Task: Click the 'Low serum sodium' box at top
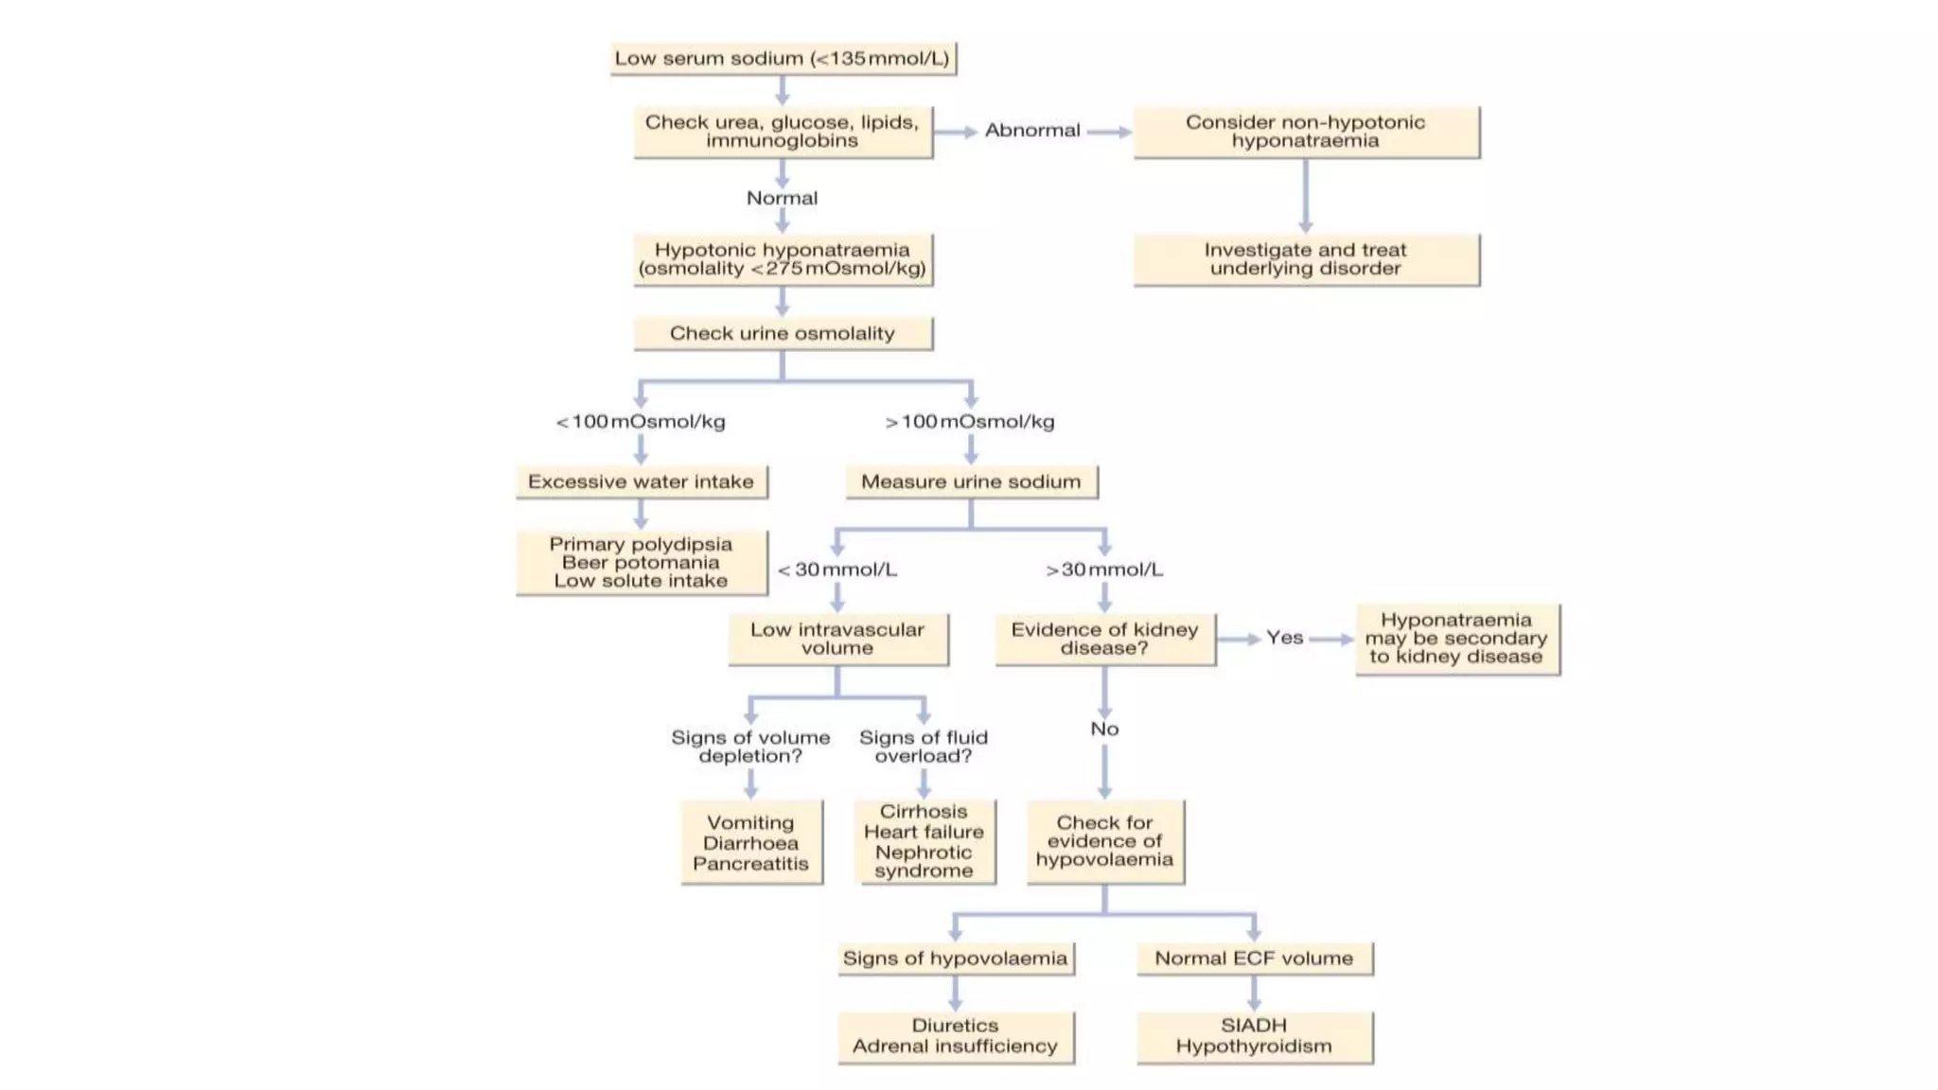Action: [x=783, y=59]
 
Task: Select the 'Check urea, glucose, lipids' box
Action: [x=783, y=132]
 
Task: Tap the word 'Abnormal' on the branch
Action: [x=1031, y=131]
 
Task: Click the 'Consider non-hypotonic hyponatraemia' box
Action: [x=1305, y=132]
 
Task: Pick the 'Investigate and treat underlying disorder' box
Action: [x=1305, y=259]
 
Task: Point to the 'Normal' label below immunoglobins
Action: [x=782, y=199]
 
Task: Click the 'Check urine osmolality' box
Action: [x=783, y=334]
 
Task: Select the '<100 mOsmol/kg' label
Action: [x=641, y=422]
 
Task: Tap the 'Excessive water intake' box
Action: [x=641, y=482]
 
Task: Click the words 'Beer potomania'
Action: [x=641, y=563]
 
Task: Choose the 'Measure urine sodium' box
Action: [x=971, y=482]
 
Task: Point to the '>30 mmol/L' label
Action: [x=1103, y=570]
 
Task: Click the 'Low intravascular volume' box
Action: [x=837, y=639]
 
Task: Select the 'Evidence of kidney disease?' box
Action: [x=1104, y=639]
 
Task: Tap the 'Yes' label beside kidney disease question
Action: [x=1284, y=639]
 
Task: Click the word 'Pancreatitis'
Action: [x=750, y=864]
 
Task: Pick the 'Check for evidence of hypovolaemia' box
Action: [x=1104, y=841]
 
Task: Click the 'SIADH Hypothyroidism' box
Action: [x=1254, y=1036]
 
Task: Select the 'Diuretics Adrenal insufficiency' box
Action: [x=955, y=1036]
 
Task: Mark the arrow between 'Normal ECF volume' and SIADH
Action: [x=1254, y=993]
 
